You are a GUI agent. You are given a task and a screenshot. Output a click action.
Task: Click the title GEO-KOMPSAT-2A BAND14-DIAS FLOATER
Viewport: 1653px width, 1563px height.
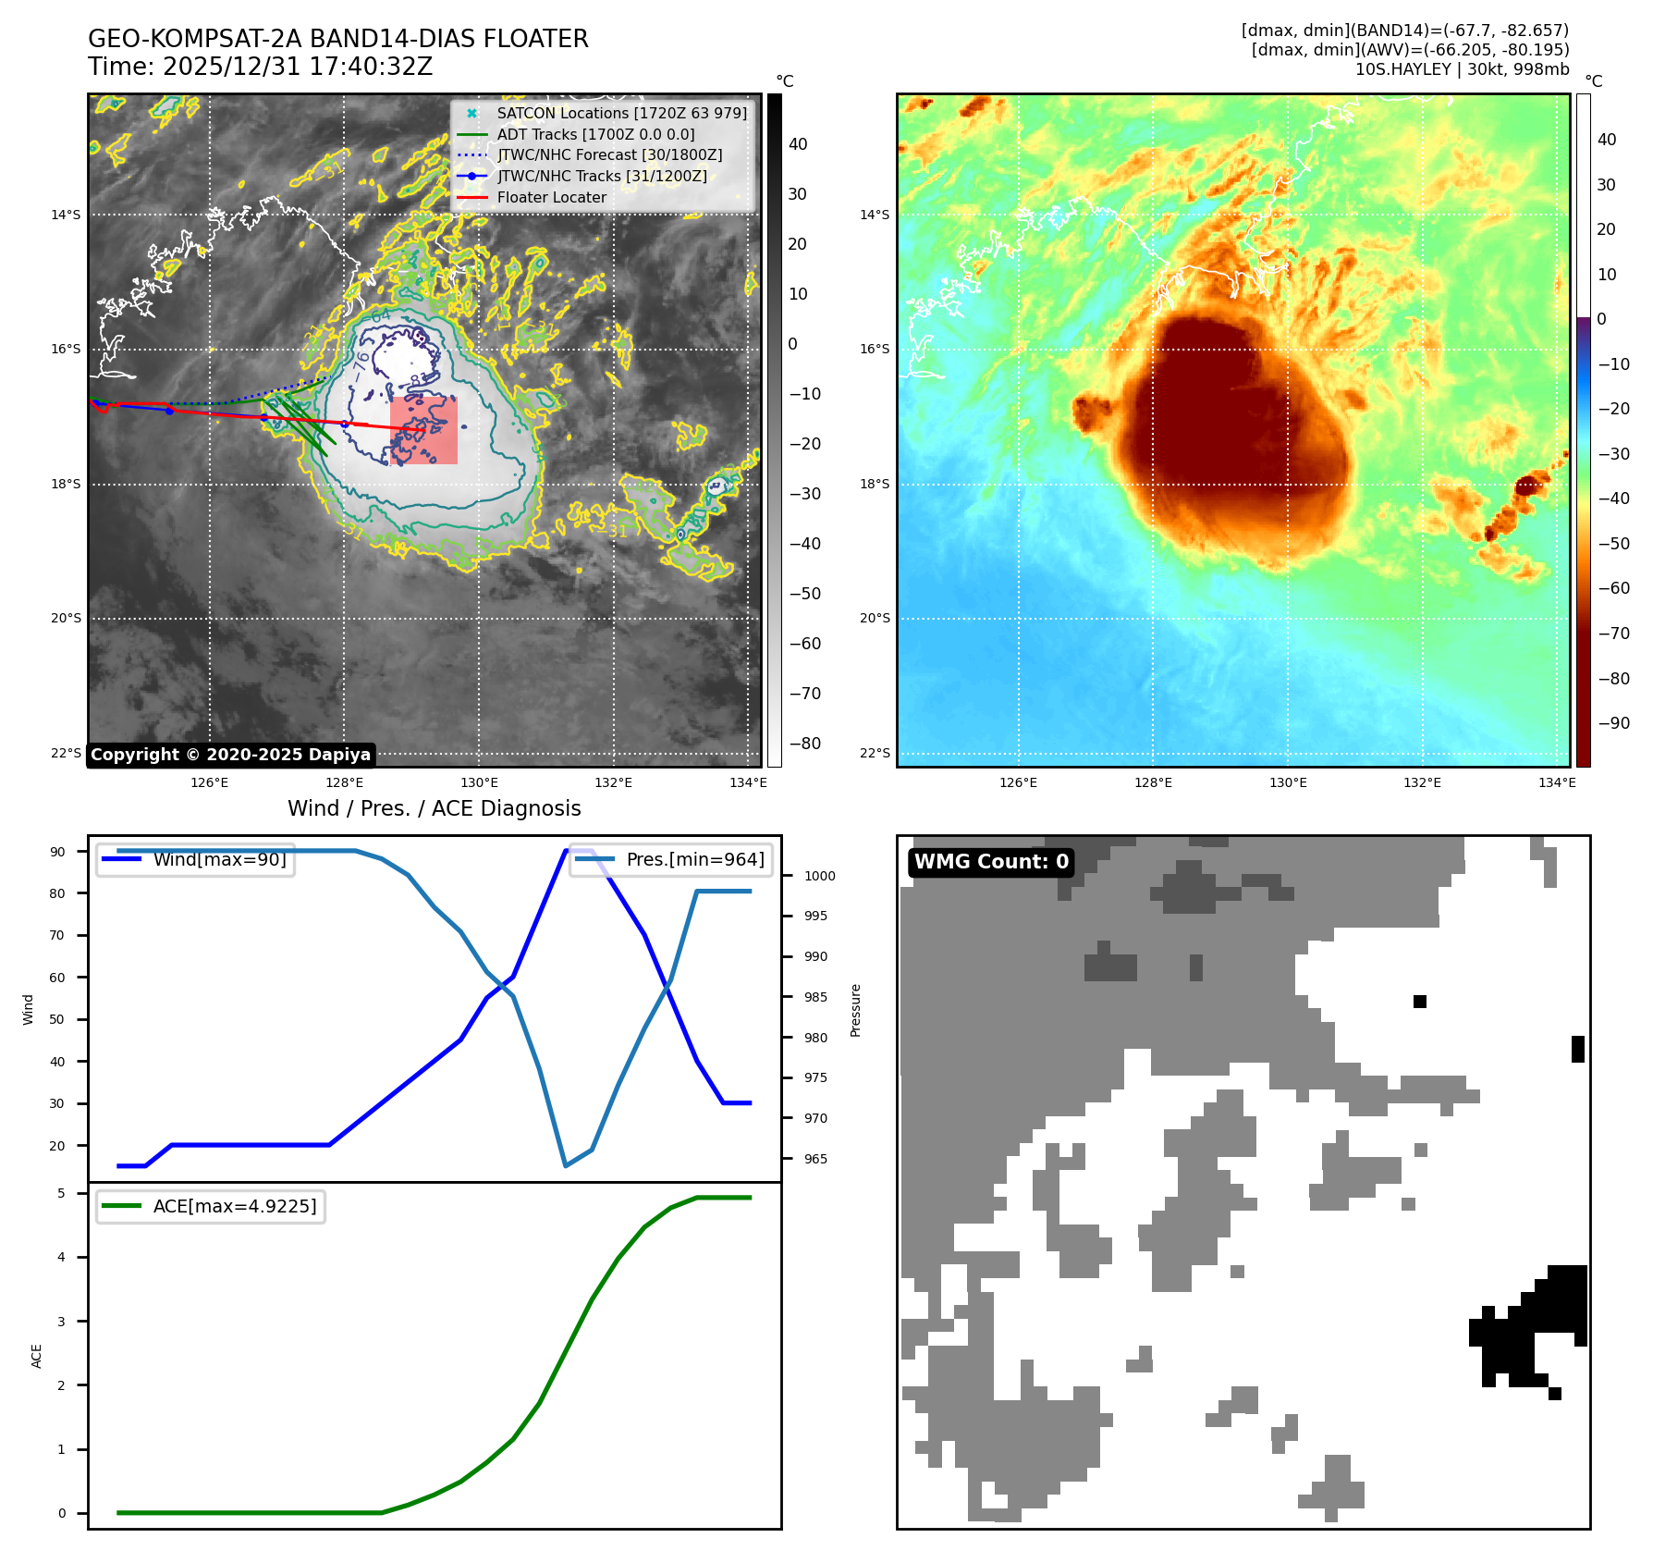coord(337,39)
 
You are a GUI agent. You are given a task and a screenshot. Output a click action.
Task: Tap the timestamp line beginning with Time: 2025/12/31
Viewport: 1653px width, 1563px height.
coord(260,67)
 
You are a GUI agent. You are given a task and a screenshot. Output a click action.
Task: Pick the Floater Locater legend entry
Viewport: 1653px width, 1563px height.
coord(551,197)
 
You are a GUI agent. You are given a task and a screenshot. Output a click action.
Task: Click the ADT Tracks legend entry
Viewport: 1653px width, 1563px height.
coord(595,134)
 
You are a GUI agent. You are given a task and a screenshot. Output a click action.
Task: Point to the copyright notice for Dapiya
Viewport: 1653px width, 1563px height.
coord(230,755)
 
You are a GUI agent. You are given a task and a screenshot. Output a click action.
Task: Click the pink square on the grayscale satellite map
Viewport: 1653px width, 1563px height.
coord(423,430)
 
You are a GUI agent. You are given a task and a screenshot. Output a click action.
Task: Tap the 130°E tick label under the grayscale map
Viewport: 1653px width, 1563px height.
coord(479,782)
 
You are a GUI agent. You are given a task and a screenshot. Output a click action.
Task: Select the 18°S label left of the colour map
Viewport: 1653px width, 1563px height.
coord(875,484)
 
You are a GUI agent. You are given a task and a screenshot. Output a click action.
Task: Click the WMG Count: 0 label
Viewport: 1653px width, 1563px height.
coord(991,862)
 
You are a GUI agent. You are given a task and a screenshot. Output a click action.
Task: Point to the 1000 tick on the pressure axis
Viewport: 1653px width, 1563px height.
coord(819,876)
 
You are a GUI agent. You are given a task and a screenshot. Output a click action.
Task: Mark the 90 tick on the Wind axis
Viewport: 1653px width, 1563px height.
coord(58,852)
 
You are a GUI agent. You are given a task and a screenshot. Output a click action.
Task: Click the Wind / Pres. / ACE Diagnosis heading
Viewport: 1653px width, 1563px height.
coord(434,808)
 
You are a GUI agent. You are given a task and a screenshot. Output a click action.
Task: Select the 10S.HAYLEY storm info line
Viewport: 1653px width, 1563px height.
coord(1462,69)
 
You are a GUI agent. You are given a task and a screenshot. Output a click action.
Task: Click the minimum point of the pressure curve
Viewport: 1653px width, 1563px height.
coord(566,1165)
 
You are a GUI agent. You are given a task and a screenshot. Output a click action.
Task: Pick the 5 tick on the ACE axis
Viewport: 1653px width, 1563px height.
coord(62,1193)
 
